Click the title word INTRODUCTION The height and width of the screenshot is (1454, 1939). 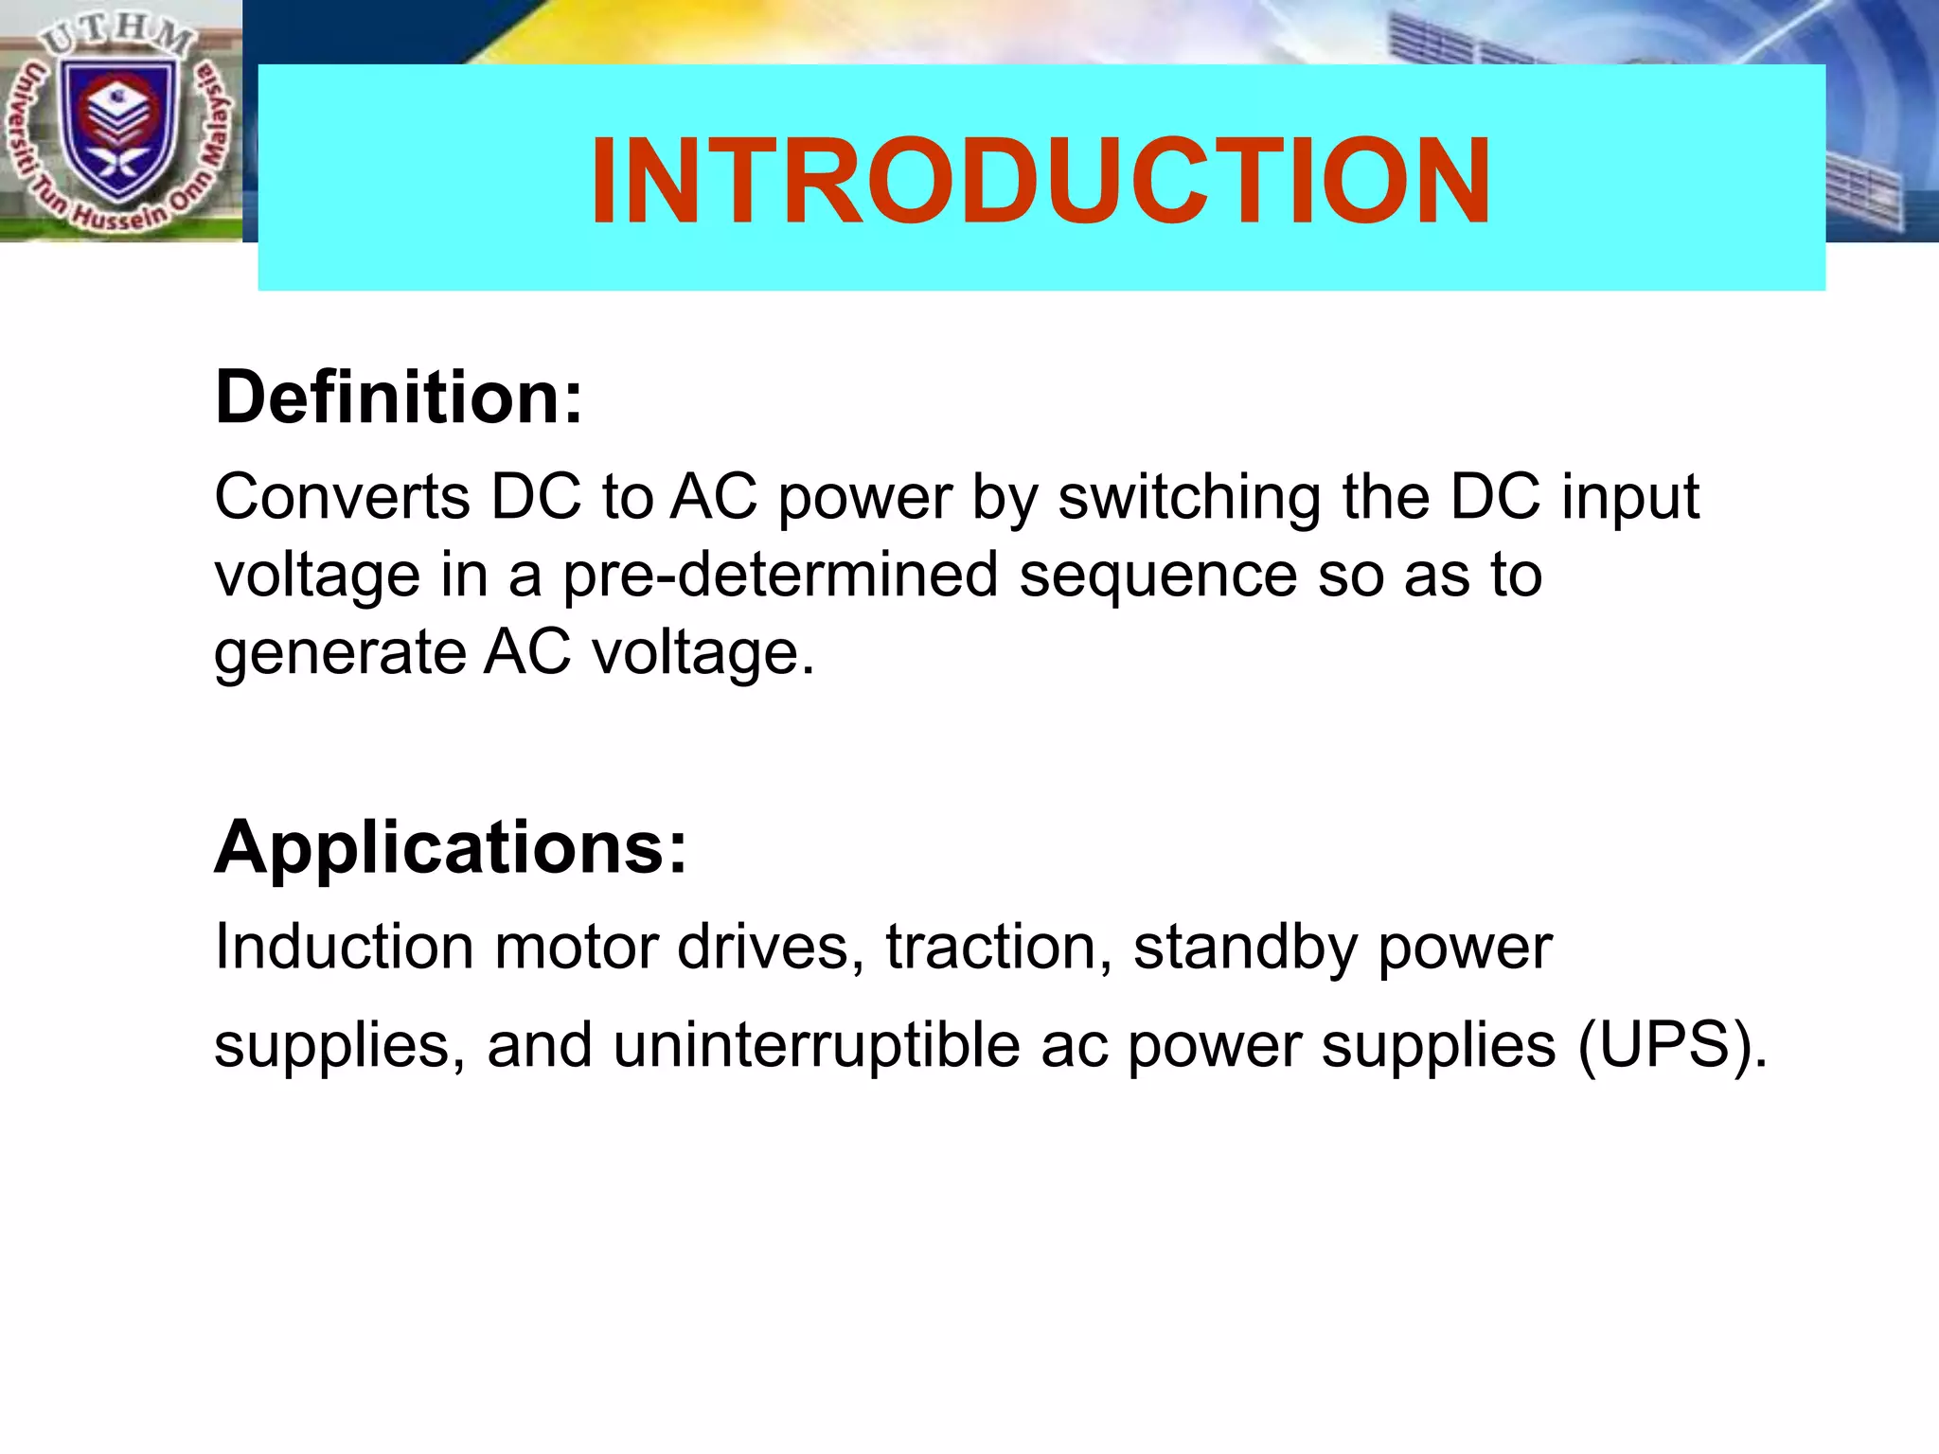1040,181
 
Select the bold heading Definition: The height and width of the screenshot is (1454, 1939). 399,398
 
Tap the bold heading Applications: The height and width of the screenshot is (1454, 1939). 451,846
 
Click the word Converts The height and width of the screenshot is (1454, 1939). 342,497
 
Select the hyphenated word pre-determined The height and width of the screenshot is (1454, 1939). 780,575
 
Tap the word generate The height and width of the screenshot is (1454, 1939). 338,654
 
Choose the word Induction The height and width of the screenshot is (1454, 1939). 344,947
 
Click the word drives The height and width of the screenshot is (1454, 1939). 770,947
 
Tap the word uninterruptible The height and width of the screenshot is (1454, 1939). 816,1046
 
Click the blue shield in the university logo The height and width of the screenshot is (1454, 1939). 119,128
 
